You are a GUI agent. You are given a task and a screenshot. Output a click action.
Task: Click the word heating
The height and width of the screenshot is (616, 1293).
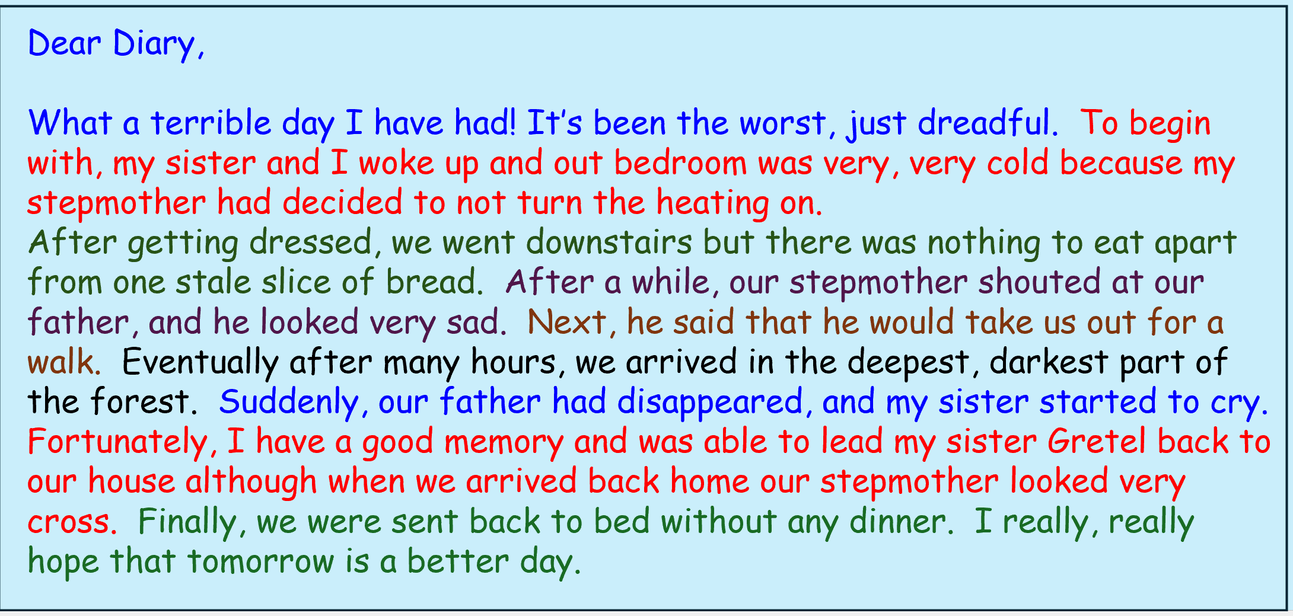point(712,203)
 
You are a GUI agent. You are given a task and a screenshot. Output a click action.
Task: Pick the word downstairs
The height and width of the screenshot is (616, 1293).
point(609,242)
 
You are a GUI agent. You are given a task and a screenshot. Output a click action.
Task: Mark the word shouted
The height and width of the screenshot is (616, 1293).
point(1039,282)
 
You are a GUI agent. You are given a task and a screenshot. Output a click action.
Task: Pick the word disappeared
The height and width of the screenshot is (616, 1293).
point(710,402)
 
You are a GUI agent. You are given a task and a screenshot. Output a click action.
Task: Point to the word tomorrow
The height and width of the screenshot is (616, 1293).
point(261,561)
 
